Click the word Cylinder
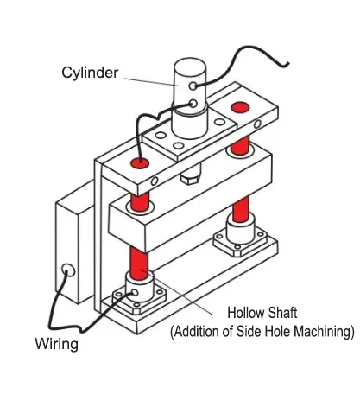pyautogui.click(x=90, y=73)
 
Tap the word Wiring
pyautogui.click(x=57, y=343)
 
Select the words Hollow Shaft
pyautogui.click(x=262, y=313)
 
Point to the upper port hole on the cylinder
pyautogui.click(x=193, y=86)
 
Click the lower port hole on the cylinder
pyautogui.click(x=193, y=103)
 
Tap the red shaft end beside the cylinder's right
pyautogui.click(x=240, y=107)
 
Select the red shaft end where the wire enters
pyautogui.click(x=140, y=163)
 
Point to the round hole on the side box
pyautogui.click(x=68, y=270)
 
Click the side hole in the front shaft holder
pyautogui.click(x=134, y=293)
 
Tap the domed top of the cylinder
pyautogui.click(x=190, y=66)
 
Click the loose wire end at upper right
pyautogui.click(x=287, y=65)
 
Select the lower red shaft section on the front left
pyautogui.click(x=139, y=263)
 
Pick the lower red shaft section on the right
pyautogui.click(x=241, y=208)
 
